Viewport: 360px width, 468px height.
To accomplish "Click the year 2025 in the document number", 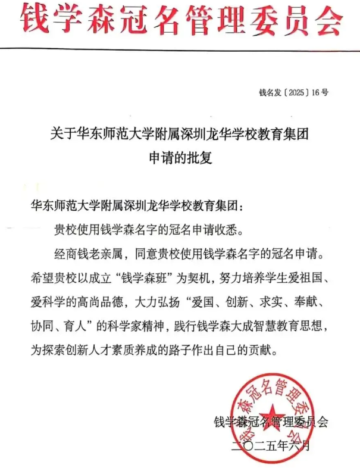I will tap(297, 92).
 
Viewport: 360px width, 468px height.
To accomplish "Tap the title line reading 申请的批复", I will tap(180, 160).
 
